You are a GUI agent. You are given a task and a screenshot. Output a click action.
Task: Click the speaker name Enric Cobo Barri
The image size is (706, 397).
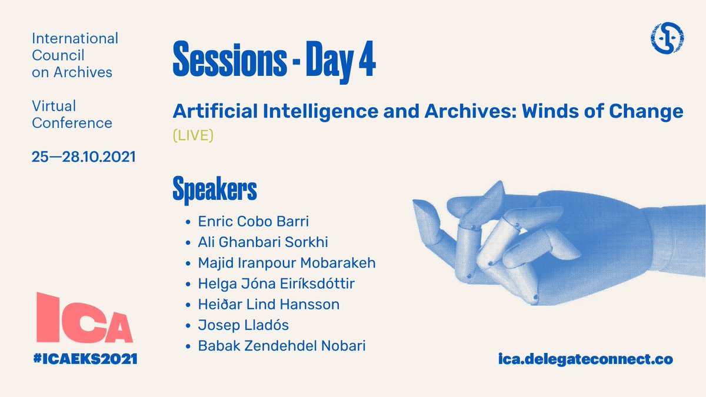(x=253, y=221)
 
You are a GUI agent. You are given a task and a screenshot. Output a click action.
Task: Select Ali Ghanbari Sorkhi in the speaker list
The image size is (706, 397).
(x=263, y=242)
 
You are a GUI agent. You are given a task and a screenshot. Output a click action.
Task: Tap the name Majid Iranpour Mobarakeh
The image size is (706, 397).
(x=287, y=263)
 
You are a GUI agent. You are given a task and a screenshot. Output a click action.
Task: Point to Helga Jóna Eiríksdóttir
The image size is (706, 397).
(x=276, y=283)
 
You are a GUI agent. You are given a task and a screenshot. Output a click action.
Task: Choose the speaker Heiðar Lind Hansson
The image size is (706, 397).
(x=268, y=305)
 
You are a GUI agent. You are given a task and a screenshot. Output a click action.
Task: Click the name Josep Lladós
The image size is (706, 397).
(x=244, y=325)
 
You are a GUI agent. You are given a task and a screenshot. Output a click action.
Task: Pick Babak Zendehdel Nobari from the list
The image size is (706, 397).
(x=282, y=346)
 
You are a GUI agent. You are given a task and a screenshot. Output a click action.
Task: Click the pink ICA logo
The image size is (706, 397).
(x=85, y=318)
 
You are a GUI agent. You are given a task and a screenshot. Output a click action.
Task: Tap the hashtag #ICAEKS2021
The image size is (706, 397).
(x=85, y=359)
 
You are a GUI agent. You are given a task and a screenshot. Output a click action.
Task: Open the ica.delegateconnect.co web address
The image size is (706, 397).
(x=585, y=359)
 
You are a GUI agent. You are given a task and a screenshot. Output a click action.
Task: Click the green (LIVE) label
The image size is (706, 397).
(x=193, y=135)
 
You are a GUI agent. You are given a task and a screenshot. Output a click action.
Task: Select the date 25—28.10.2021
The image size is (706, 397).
(x=84, y=157)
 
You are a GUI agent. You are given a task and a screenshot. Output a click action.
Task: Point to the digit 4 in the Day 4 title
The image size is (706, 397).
(x=368, y=59)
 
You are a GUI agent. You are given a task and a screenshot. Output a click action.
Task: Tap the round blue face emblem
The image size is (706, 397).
(x=667, y=38)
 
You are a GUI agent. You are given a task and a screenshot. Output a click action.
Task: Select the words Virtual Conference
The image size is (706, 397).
(x=72, y=114)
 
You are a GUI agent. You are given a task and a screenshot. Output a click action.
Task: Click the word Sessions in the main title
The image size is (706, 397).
(x=230, y=59)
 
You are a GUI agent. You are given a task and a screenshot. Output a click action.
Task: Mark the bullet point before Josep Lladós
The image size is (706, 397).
(x=188, y=325)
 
